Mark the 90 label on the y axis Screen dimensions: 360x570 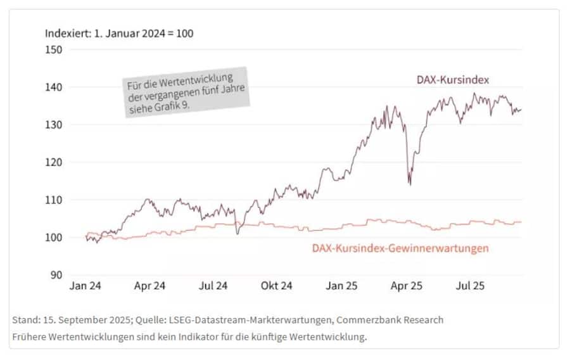[x=56, y=275]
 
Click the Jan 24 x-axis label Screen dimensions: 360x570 [x=85, y=286]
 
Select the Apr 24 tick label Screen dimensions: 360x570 [x=149, y=286]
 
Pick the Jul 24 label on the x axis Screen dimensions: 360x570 [x=213, y=286]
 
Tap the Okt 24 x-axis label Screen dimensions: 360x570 [x=277, y=286]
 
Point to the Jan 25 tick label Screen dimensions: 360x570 [x=341, y=286]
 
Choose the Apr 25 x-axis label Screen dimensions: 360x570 [x=406, y=286]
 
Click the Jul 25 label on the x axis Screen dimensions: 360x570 [x=470, y=286]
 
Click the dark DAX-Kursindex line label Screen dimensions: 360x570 [x=453, y=80]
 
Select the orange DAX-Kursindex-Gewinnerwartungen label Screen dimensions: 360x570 [x=400, y=248]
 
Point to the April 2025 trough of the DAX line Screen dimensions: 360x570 [x=410, y=184]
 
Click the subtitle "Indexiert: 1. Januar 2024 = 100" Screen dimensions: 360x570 [x=119, y=33]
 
